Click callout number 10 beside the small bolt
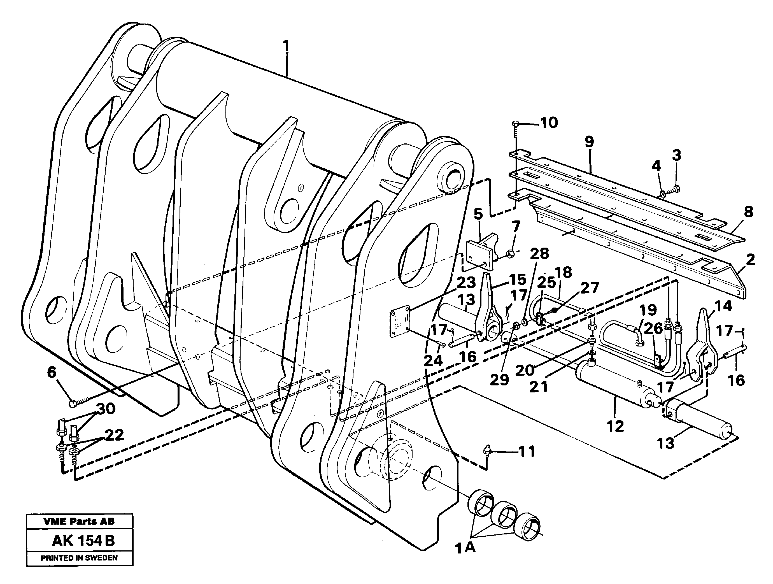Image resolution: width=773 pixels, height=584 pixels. coord(549,123)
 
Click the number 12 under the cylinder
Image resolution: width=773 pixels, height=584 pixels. coord(615,426)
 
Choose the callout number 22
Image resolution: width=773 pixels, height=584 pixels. coord(114,435)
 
